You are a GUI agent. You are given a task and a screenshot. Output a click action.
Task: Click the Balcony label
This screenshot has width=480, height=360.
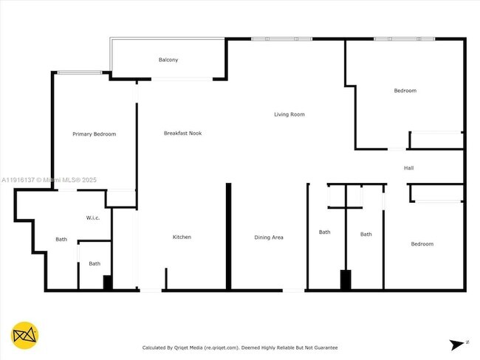coord(168,60)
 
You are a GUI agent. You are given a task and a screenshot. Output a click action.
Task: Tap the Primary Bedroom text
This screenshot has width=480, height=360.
coord(94,134)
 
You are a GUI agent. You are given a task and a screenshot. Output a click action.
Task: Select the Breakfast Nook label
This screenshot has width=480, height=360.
coord(182,134)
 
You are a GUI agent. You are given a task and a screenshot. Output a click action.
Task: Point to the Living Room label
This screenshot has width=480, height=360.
coord(289,114)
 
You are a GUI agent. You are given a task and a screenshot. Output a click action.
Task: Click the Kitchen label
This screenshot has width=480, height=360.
coord(182,237)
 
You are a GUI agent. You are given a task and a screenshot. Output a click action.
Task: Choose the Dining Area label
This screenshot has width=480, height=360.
coord(269,238)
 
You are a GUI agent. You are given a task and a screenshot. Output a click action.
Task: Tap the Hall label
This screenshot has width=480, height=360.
coord(408,168)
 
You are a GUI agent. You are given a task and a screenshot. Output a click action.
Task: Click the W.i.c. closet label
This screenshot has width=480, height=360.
coord(93,218)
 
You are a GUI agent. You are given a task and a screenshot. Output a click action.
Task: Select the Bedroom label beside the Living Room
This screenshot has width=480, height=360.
coord(405,91)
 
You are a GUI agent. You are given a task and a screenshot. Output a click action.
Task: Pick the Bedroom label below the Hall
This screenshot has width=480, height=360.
coord(422,244)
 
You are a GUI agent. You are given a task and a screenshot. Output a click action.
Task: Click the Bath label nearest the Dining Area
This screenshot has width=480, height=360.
coord(325,232)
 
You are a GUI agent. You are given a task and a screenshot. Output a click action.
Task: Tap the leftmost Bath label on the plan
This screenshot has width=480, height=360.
coord(61,239)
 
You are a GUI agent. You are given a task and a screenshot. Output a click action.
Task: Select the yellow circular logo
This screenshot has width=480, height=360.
coord(25,336)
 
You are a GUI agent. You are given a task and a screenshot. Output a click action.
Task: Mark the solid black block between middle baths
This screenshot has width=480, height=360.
coord(345,280)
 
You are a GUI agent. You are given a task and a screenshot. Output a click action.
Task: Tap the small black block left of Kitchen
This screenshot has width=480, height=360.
coord(108,283)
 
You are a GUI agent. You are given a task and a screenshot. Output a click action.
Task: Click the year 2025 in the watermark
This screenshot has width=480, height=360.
coord(89,179)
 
